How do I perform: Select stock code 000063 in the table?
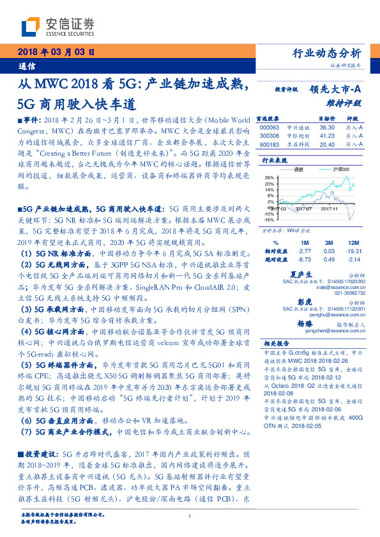[x=270, y=128]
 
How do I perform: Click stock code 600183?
[x=270, y=144]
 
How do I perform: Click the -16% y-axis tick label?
[x=269, y=219]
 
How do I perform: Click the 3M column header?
[x=329, y=244]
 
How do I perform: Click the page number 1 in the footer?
[x=190, y=517]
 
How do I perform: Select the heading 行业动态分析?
[x=326, y=53]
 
